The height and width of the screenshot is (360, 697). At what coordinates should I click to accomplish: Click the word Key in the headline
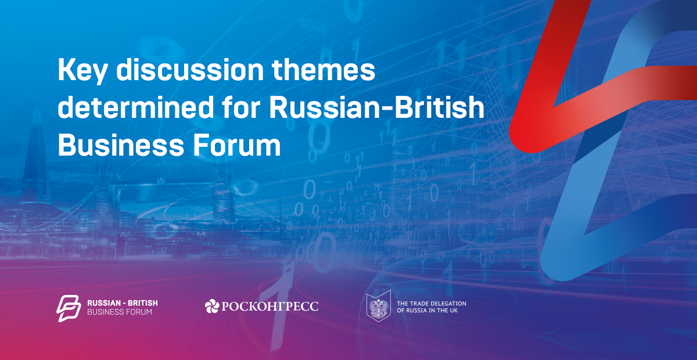(x=82, y=71)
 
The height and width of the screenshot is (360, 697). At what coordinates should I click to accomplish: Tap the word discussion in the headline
(x=190, y=70)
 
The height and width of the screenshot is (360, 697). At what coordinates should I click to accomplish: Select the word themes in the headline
(x=324, y=70)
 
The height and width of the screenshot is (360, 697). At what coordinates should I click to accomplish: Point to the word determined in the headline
(x=136, y=107)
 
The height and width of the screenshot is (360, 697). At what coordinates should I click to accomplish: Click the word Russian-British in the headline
(x=376, y=107)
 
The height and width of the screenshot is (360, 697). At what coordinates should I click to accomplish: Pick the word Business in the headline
(x=121, y=145)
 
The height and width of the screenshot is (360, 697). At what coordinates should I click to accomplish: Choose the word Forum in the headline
(x=237, y=145)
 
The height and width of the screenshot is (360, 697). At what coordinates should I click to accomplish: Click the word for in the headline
(x=241, y=107)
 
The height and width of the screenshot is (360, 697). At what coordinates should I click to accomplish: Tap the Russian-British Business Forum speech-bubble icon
(x=69, y=308)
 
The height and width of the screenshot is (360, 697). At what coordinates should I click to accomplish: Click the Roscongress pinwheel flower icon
(x=212, y=306)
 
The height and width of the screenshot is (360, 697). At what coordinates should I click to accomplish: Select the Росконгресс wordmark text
(x=270, y=306)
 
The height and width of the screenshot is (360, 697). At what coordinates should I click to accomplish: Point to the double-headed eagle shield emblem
(x=378, y=306)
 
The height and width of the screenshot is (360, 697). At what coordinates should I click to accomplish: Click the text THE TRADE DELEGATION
(x=431, y=303)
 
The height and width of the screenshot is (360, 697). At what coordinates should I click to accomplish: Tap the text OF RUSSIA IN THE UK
(x=427, y=311)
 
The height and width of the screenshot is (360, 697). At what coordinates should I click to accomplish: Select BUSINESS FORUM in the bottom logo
(x=120, y=312)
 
